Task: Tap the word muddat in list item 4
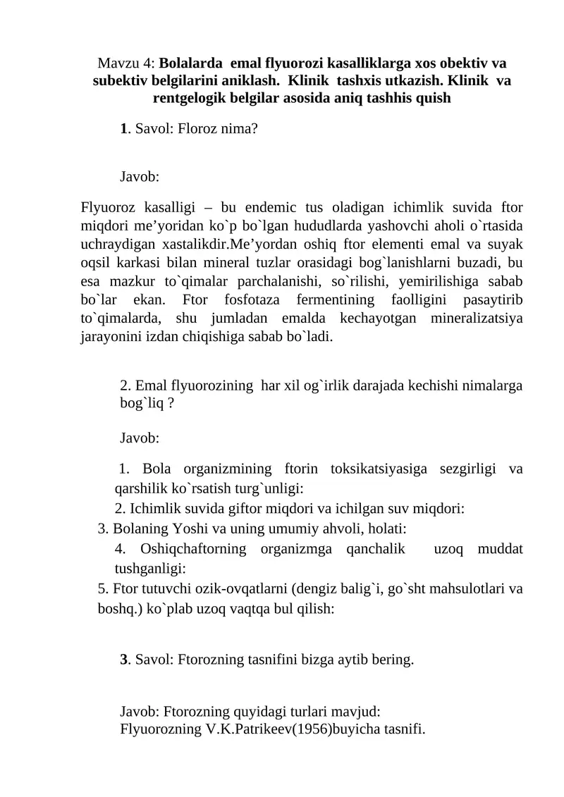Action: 500,548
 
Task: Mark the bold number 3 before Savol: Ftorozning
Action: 124,660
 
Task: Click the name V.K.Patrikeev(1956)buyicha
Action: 280,727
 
